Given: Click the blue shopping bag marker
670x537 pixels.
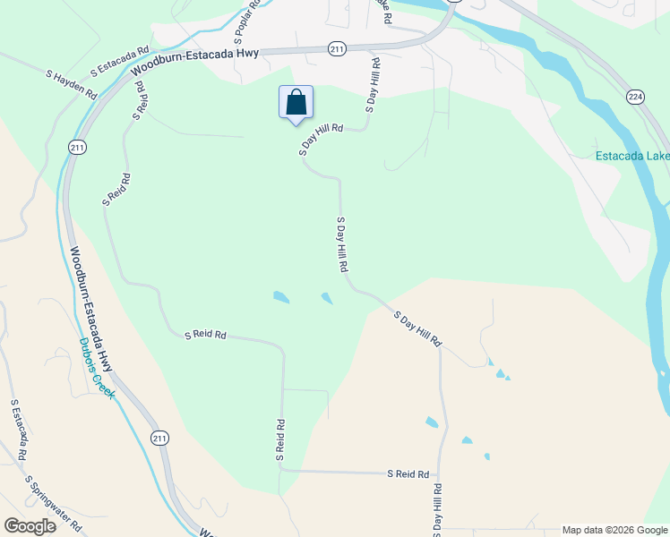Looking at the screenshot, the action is pyautogui.click(x=296, y=103).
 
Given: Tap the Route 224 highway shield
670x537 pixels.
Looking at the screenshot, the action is pyautogui.click(x=636, y=97).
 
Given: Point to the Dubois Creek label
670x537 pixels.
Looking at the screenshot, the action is pyautogui.click(x=98, y=368).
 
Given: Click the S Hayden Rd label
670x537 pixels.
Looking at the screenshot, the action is pyautogui.click(x=72, y=82).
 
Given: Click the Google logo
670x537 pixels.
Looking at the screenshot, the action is pyautogui.click(x=30, y=525).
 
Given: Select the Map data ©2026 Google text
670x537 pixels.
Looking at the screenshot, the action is pyautogui.click(x=614, y=530).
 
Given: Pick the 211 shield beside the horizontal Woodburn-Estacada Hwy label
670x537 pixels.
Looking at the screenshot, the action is pyautogui.click(x=337, y=48).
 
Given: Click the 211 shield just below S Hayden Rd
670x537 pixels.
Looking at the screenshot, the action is pyautogui.click(x=77, y=147).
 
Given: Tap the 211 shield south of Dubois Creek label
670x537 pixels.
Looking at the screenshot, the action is pyautogui.click(x=159, y=438).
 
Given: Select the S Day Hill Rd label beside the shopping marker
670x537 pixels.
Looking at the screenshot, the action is pyautogui.click(x=322, y=141).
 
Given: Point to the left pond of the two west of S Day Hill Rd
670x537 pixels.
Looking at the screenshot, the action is pyautogui.click(x=281, y=297).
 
